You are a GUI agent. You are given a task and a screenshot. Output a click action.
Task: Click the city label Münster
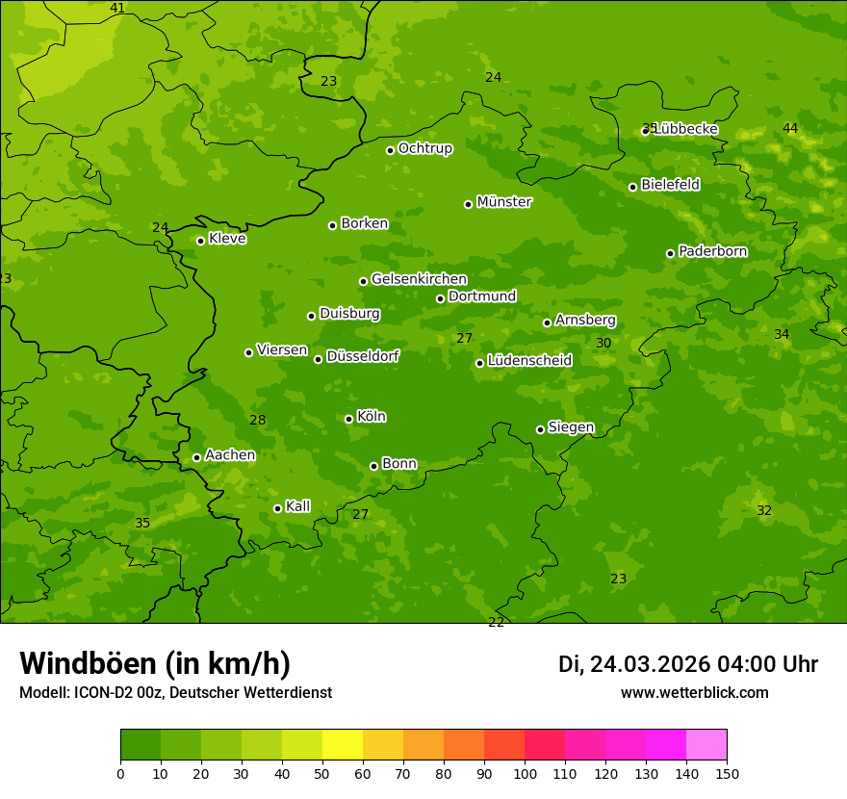pos(503,202)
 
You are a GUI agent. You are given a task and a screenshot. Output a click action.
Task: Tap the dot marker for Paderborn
pos(671,253)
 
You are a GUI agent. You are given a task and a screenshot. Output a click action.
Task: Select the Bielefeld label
pos(670,185)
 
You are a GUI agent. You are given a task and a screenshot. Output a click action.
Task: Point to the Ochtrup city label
pos(424,148)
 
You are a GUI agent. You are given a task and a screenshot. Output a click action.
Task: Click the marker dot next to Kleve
pos(200,241)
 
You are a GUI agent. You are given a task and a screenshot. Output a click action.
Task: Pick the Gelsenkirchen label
pos(419,279)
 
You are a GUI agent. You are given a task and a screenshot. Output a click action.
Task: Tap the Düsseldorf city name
pos(363,356)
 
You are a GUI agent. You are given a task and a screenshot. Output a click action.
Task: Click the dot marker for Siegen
pos(540,429)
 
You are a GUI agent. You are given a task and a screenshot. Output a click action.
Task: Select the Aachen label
pos(230,455)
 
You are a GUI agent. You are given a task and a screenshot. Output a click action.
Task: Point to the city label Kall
pos(297,506)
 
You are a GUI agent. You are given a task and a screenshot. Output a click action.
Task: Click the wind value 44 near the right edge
pos(790,128)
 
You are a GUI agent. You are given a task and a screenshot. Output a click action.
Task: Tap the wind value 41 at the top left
pos(117,8)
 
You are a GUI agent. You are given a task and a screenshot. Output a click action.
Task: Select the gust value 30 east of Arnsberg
pos(603,343)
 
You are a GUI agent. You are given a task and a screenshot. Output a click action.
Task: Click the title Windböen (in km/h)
pos(155,663)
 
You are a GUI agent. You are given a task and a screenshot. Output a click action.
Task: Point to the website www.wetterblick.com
pos(694,692)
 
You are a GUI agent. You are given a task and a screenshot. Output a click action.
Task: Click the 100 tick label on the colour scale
pos(525,773)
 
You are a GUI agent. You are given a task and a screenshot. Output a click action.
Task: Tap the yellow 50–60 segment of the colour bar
pos(343,745)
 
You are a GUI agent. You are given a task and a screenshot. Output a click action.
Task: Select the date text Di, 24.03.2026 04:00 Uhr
pos(688,664)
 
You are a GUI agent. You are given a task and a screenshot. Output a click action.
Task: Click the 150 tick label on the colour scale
pos(727,773)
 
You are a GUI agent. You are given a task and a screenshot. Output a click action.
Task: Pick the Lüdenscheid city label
pos(529,361)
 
